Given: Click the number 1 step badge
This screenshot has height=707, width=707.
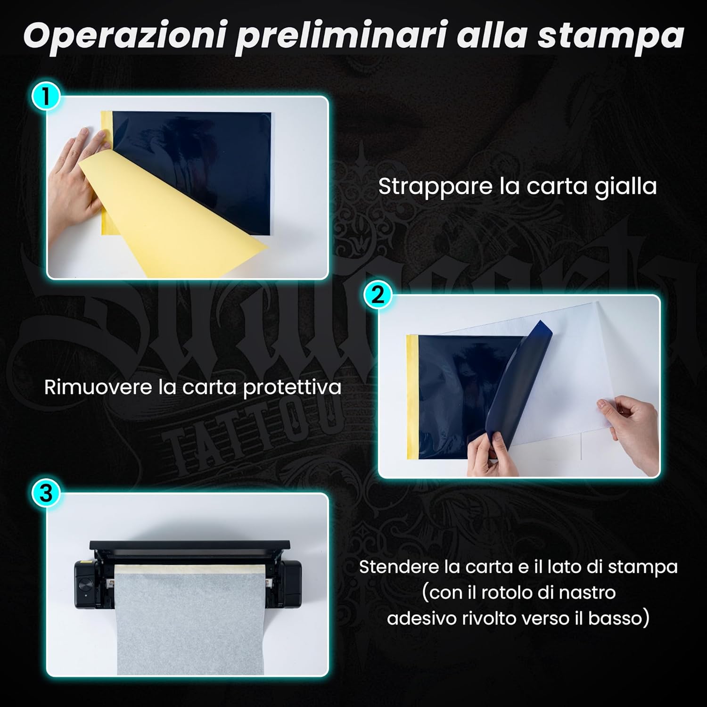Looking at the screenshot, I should [46, 98].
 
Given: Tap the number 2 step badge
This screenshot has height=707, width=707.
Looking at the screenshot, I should [378, 296].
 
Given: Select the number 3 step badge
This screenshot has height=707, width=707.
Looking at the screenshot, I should [46, 494].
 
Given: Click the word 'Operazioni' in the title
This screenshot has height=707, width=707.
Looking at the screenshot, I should [123, 35].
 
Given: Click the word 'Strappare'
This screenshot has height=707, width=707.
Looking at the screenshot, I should [436, 187].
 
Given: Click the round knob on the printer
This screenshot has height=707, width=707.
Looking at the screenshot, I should [86, 585].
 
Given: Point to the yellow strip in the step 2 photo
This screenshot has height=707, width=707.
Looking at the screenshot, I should [411, 396].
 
